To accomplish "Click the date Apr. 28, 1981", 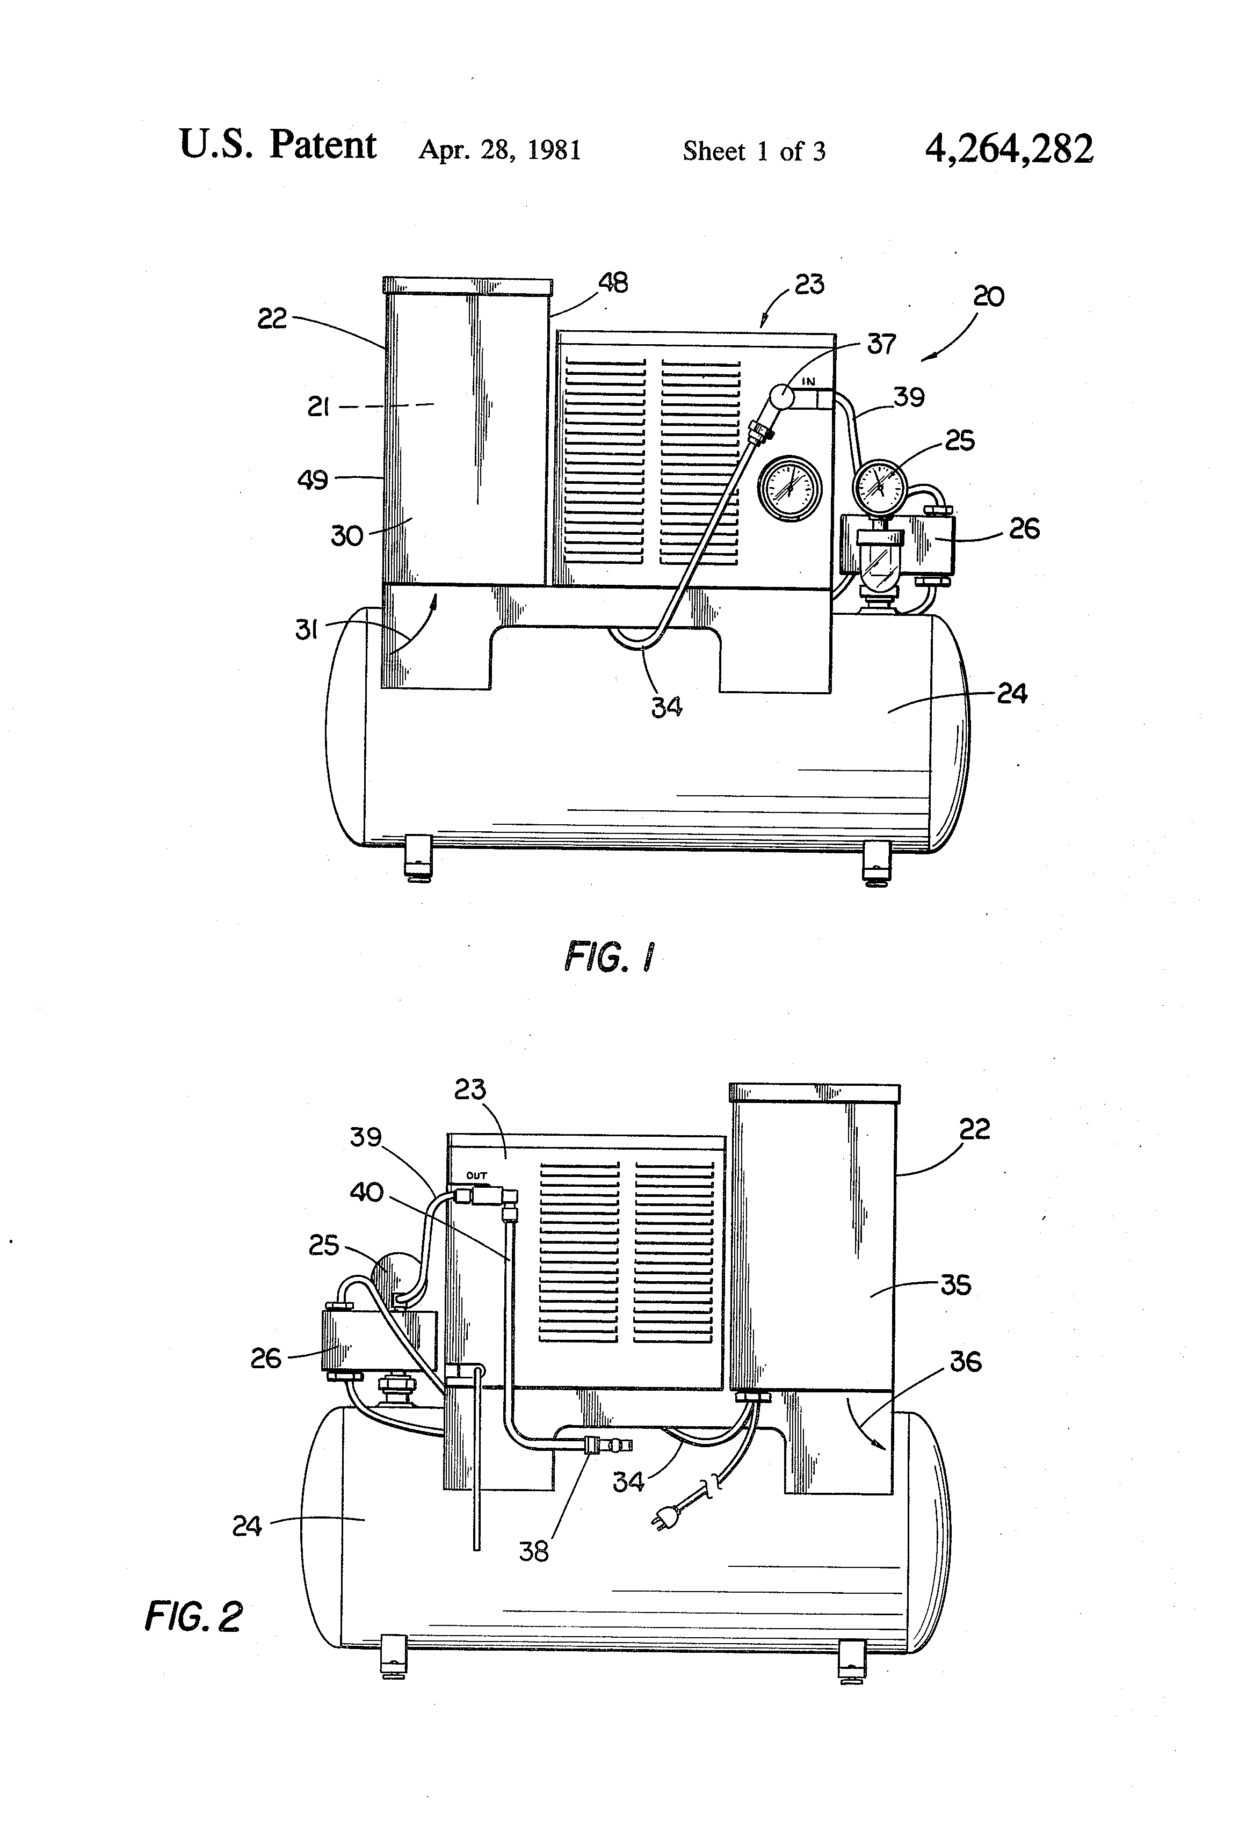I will [499, 150].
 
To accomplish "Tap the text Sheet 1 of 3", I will [754, 151].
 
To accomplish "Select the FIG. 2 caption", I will [193, 1617].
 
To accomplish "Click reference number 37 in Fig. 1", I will [881, 344].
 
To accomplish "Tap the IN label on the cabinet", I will [809, 382].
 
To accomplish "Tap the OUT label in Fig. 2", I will [476, 1175].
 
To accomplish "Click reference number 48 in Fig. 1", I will [613, 282].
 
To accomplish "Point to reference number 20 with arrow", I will [988, 297].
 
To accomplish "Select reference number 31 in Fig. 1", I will [306, 630].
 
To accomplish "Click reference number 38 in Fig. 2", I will [533, 1551].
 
